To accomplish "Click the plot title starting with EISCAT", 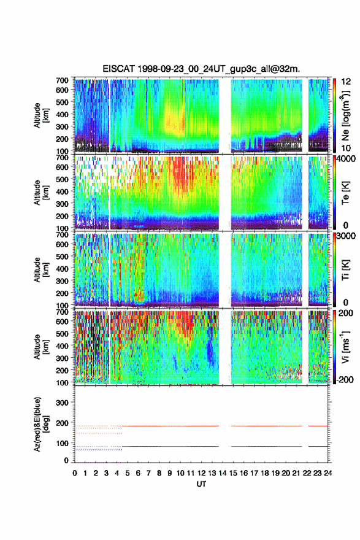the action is (x=201, y=69).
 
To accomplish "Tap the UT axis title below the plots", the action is (x=201, y=484).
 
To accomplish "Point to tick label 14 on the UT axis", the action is (x=223, y=473).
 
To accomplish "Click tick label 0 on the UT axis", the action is (x=75, y=473).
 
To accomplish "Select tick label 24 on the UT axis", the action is (x=327, y=473).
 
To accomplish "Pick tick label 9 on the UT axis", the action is (x=170, y=473).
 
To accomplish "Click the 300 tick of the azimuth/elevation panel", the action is (x=63, y=403).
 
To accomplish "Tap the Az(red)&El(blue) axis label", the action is (x=40, y=424).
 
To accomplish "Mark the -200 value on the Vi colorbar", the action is (x=343, y=379).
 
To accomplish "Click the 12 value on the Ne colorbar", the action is (x=346, y=82).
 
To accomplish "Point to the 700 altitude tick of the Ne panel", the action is (x=63, y=80).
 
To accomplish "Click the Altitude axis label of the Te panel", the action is (x=40, y=193).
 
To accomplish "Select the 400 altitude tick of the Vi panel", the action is (x=63, y=345).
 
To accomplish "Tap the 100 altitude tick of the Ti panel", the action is (x=63, y=306).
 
